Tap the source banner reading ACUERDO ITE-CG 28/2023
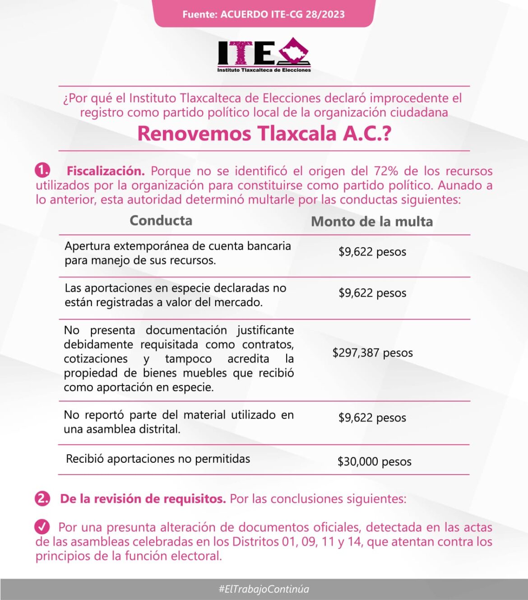pos(264,14)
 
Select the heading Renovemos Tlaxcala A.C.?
pos(264,134)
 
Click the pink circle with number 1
pos(42,171)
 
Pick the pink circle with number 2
pos(42,498)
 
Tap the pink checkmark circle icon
pos(42,526)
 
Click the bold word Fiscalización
pos(106,171)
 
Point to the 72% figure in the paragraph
pos(386,171)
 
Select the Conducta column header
pos(161,220)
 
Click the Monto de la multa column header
pos(372,221)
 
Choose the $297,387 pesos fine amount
pos(372,353)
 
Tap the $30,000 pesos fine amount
pos(374,461)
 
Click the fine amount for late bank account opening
pos(372,251)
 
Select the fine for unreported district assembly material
pos(372,418)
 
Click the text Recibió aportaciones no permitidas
pos(158,459)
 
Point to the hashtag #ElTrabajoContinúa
pos(264,589)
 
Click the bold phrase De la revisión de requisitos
pos(143,499)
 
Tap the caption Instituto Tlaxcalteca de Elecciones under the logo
pos(264,70)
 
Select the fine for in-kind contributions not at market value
pos(372,293)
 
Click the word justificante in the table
pos(265,330)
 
